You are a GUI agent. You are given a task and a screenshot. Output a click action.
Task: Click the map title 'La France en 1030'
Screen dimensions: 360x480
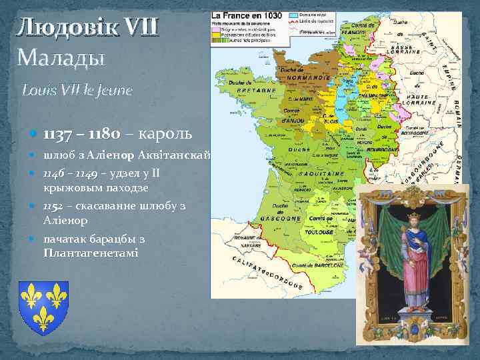click(247, 15)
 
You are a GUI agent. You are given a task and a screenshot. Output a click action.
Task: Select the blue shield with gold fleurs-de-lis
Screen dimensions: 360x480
click(43, 304)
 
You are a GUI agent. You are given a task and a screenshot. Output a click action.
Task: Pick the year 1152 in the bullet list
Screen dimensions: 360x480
click(55, 207)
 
